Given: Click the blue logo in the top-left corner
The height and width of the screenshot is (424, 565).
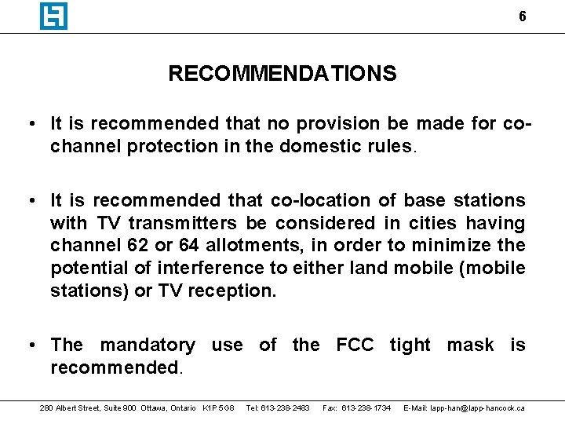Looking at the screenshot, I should click(53, 16).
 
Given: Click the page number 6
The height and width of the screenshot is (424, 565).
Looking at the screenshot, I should click(523, 16).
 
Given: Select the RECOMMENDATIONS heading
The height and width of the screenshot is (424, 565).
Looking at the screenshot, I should click(282, 74).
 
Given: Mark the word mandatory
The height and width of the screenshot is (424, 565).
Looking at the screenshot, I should click(148, 345).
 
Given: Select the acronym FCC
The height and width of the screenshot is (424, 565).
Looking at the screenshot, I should click(355, 345).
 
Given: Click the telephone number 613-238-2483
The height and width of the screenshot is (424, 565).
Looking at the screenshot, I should click(278, 408).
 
